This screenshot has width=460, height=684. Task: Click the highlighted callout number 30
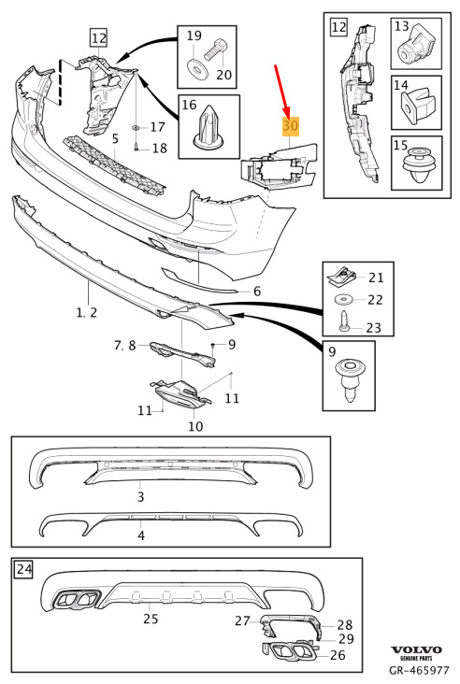[291, 126]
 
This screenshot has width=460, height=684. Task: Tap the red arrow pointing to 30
[281, 91]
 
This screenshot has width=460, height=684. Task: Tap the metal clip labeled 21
[341, 277]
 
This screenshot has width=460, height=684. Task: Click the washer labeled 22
[343, 300]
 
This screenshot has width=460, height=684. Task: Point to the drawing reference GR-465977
[419, 670]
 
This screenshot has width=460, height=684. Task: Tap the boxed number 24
[23, 569]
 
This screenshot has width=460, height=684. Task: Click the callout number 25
[151, 619]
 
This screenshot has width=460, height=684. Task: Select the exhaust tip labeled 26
[289, 650]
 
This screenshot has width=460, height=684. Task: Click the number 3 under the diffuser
[140, 497]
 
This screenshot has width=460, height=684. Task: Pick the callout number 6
[257, 291]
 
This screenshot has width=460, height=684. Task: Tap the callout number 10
[195, 426]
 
